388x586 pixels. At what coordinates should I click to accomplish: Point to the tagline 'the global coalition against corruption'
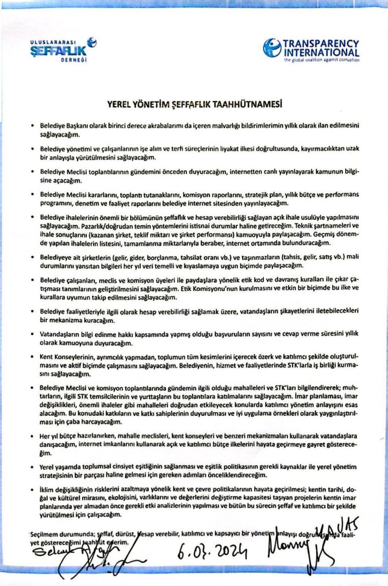point(322,60)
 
